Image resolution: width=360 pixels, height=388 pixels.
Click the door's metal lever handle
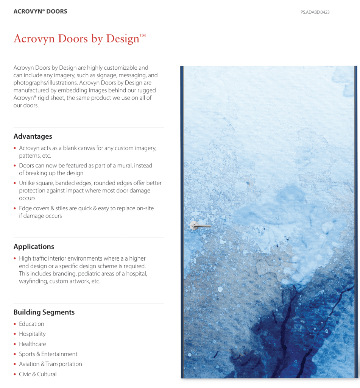pyautogui.click(x=199, y=225)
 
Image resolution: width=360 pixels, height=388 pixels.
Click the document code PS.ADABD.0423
pyautogui.click(x=315, y=12)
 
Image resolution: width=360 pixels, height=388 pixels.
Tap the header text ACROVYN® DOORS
pyautogui.click(x=41, y=11)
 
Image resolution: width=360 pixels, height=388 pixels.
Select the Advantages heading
pyautogui.click(x=33, y=136)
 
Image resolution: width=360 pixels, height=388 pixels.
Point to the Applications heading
pyautogui.click(x=34, y=247)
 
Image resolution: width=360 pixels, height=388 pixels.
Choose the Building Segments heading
pyautogui.click(x=44, y=312)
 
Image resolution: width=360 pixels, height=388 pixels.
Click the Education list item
pyautogui.click(x=31, y=324)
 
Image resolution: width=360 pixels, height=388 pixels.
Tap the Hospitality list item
pyautogui.click(x=32, y=334)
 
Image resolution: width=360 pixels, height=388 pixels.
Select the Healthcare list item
pyautogui.click(x=33, y=344)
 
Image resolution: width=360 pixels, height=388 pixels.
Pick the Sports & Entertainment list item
pyautogui.click(x=48, y=354)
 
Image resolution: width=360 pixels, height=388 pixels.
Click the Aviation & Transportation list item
pyautogui.click(x=50, y=364)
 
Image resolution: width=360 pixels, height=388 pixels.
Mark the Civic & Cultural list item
pyautogui.click(x=38, y=374)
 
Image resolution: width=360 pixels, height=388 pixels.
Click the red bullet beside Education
pyautogui.click(x=15, y=324)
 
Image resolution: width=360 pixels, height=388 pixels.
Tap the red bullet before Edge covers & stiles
pyautogui.click(x=15, y=209)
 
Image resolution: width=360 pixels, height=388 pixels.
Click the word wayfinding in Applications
pyautogui.click(x=33, y=281)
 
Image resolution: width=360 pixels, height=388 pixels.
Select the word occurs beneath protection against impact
pyautogui.click(x=27, y=198)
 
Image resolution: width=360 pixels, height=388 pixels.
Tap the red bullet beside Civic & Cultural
pyautogui.click(x=15, y=374)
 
